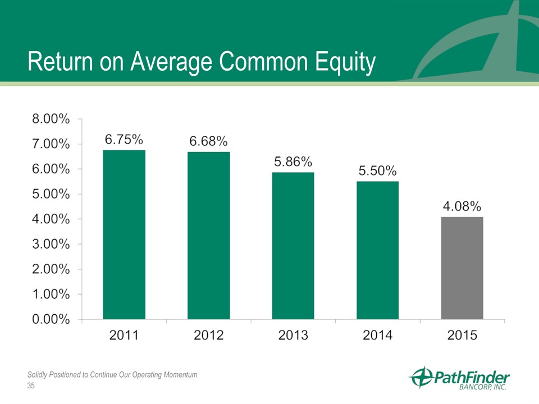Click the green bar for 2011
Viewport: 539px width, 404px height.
click(x=124, y=235)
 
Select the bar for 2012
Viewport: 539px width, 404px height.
click(x=209, y=236)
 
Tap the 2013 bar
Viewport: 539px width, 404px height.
click(x=293, y=246)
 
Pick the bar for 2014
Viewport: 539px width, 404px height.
click(x=377, y=250)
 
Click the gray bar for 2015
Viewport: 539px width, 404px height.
click(x=462, y=268)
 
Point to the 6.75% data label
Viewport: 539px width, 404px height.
click(x=124, y=140)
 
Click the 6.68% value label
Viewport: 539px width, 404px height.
click(x=209, y=141)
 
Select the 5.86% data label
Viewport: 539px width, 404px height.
click(x=293, y=162)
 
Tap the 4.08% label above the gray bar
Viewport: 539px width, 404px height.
click(x=462, y=206)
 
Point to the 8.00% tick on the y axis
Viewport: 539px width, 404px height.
click(x=51, y=119)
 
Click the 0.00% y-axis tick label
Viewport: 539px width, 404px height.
click(x=51, y=319)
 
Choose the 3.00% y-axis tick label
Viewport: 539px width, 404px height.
click(x=51, y=244)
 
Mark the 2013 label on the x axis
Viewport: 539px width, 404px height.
click(x=293, y=335)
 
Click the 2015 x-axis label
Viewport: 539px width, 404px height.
click(x=462, y=335)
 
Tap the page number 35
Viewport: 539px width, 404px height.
click(x=31, y=386)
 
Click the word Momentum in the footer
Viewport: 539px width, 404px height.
click(x=180, y=375)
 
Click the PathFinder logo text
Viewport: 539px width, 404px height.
click(x=472, y=378)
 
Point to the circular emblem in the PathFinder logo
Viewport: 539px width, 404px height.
click(x=422, y=377)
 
